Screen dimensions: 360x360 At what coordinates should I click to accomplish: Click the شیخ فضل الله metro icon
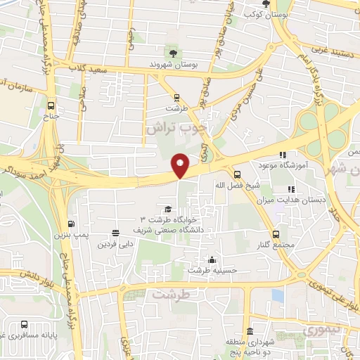236,175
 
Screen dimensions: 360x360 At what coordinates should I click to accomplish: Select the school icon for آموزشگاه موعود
283,155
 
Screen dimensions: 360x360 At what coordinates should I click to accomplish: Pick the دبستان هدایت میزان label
303,200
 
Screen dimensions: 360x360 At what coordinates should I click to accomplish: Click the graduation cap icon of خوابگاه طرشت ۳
167,209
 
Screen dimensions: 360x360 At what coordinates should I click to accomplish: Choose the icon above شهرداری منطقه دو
250,332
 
